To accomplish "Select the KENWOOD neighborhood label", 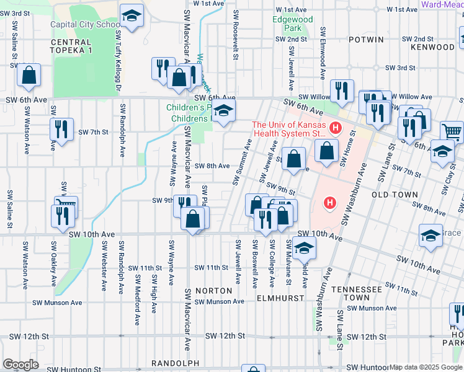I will (432, 47).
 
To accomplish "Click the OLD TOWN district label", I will (395, 195).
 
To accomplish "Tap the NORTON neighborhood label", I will (213, 290).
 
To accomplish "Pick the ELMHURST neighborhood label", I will (280, 298).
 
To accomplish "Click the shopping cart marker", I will (452, 131).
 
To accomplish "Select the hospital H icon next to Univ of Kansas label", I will (336, 128).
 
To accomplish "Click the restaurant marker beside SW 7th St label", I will (61, 129).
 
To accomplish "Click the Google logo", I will (20, 365).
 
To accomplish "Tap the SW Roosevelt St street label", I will (235, 35).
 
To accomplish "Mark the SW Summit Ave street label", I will (243, 162).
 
